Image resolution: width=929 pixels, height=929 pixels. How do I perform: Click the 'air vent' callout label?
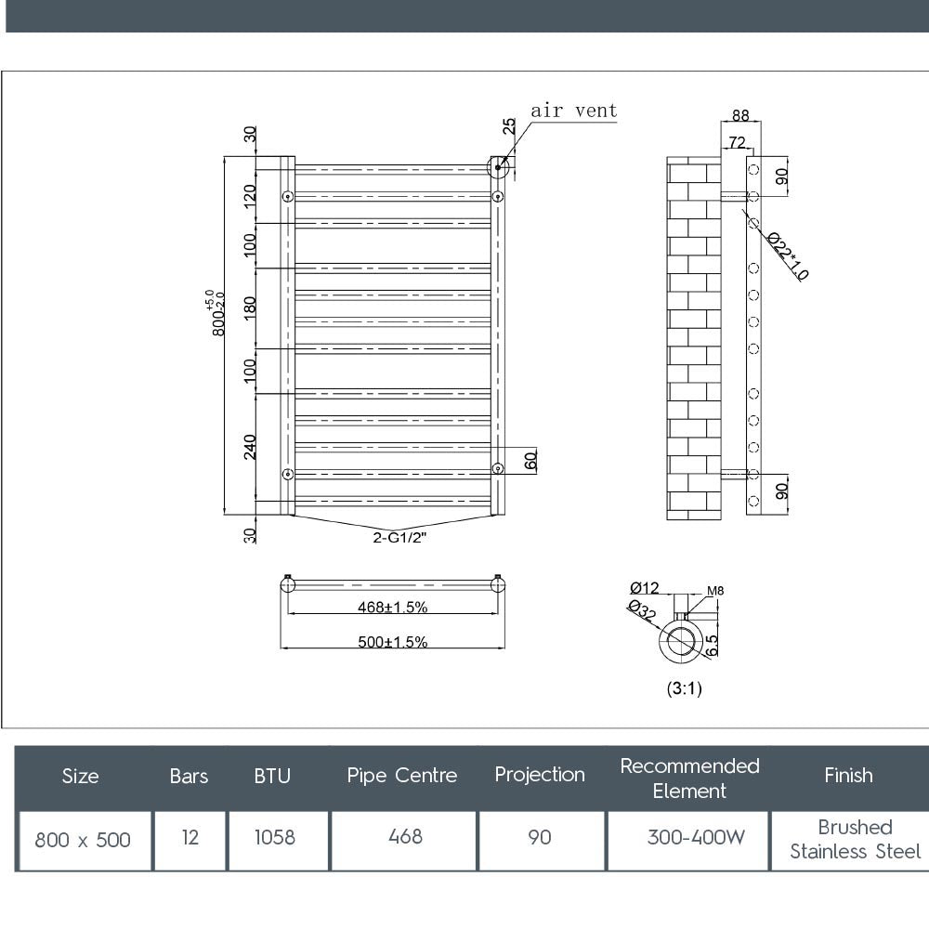pos(573,111)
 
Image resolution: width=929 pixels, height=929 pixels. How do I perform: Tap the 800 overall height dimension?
pos(217,314)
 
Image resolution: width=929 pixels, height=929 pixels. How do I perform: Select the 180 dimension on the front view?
pos(249,307)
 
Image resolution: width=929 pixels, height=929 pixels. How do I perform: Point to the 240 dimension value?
pos(249,446)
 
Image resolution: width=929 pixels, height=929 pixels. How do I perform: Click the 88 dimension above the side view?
pos(740,116)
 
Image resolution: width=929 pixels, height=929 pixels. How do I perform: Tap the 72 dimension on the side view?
pos(736,142)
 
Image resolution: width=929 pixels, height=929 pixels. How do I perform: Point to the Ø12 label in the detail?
pos(644,587)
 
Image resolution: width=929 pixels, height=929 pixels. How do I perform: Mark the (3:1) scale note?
pos(684,689)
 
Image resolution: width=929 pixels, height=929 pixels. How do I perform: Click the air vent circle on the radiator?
pos(499,167)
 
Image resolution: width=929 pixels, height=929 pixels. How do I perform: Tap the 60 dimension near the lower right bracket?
pos(530,460)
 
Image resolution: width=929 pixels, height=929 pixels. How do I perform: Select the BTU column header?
pos(272,776)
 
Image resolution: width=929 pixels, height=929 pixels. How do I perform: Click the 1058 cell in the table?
pos(275,837)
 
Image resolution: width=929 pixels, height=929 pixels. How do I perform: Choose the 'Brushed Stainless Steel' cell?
pos(855,839)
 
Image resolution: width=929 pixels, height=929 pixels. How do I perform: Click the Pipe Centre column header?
pos(402,775)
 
